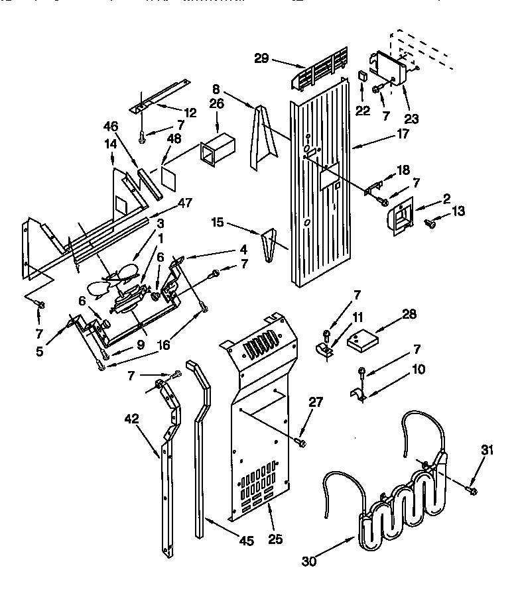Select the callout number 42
click(x=131, y=418)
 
